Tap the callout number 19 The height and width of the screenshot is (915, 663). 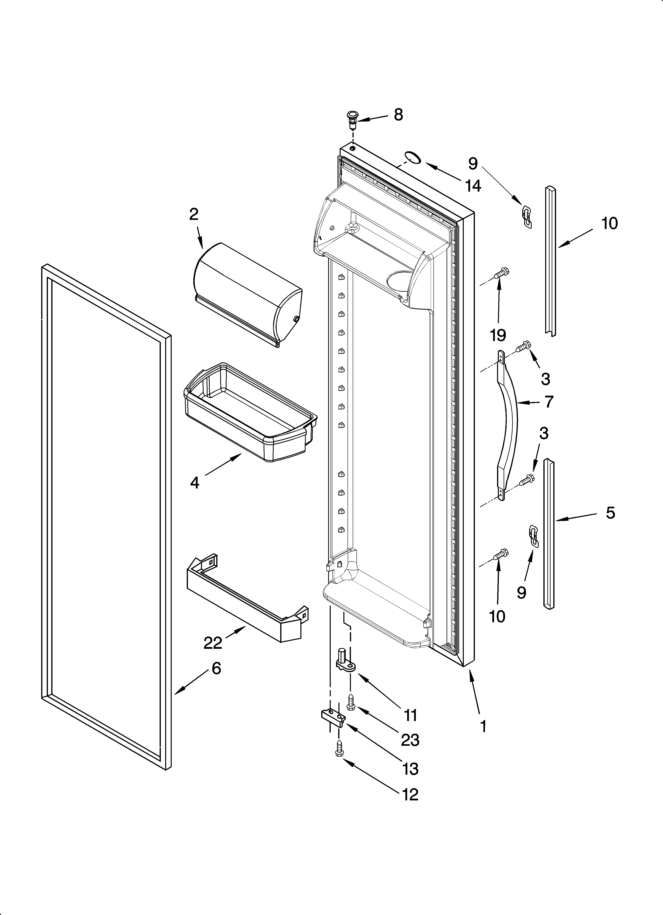click(497, 334)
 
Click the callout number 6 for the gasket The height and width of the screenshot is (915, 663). click(216, 669)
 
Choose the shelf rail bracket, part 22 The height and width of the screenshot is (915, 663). click(246, 605)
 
